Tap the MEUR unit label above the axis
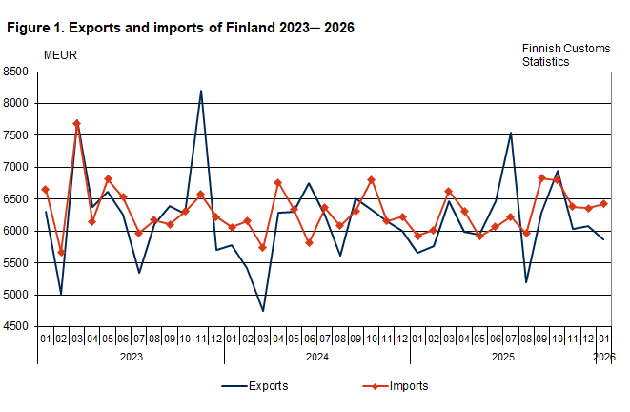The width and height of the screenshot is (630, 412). (x=60, y=54)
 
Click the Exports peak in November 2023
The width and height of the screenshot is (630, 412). (x=201, y=91)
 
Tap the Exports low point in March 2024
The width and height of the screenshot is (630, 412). (x=262, y=311)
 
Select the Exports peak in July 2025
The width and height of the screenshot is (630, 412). (x=511, y=133)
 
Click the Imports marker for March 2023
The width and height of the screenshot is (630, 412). (x=76, y=123)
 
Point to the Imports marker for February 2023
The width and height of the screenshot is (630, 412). (x=61, y=252)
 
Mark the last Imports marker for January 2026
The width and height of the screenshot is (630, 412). (x=603, y=203)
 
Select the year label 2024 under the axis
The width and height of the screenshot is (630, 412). (x=316, y=357)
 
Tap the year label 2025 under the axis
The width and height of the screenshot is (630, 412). (x=502, y=357)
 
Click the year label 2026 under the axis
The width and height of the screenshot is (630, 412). (x=603, y=357)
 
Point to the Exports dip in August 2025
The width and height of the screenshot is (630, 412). (x=526, y=282)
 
